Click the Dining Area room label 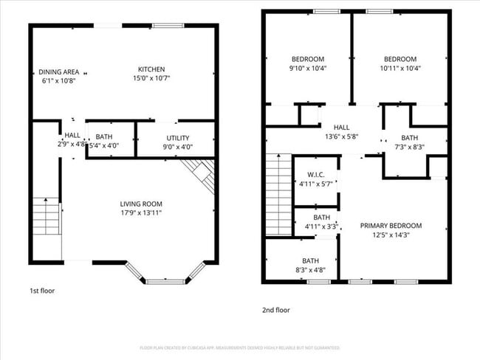point(59,72)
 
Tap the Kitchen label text point(151,69)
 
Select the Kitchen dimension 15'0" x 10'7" point(151,79)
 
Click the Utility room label point(178,138)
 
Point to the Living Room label point(141,204)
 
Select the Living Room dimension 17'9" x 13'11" point(141,213)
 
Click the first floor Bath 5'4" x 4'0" point(104,140)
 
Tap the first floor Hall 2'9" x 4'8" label point(72,140)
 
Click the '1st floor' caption point(42,291)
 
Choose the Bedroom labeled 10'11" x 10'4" point(400,63)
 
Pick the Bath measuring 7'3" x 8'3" point(409,142)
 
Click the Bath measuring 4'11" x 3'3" point(321,222)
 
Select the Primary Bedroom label point(391,230)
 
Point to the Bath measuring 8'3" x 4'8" point(310,265)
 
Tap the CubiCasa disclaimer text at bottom point(240,347)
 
